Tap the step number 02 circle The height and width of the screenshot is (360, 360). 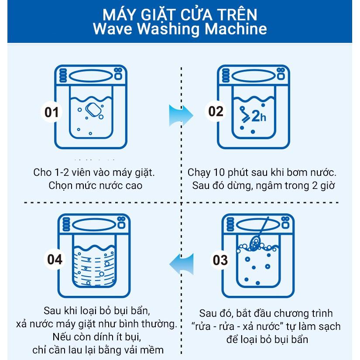click(x=216, y=111)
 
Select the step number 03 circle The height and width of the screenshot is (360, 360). click(x=220, y=260)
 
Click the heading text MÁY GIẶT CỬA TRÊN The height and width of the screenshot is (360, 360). click(x=180, y=14)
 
